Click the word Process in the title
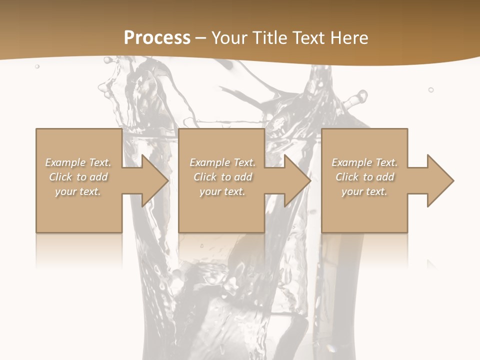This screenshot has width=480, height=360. tap(157, 38)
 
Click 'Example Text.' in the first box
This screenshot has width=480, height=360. tap(78, 162)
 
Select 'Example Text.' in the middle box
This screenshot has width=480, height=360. tap(222, 162)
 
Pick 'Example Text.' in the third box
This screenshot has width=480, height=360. tap(364, 162)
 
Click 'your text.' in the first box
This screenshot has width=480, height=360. tap(78, 191)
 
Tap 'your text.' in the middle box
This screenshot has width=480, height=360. tap(222, 191)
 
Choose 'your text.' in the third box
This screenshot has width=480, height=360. tap(364, 191)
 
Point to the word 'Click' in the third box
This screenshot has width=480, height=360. tap(347, 177)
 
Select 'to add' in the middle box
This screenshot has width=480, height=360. tap(237, 177)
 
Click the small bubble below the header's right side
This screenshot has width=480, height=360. tap(431, 89)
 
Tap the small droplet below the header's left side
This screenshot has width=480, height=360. tap(37, 66)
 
